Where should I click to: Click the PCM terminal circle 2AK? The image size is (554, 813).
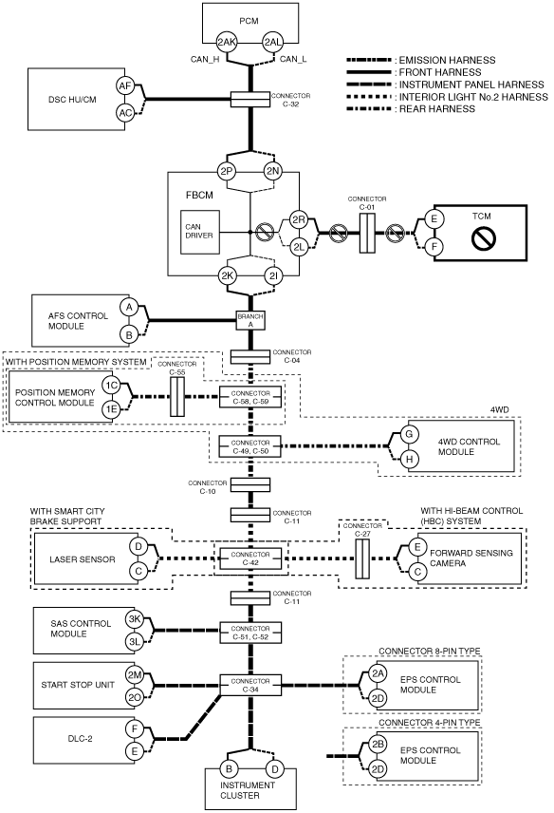click(x=227, y=43)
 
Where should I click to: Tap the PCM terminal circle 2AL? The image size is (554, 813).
click(x=272, y=43)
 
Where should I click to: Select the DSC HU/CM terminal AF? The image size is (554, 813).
click(x=125, y=86)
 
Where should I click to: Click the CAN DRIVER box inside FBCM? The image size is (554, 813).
click(x=199, y=232)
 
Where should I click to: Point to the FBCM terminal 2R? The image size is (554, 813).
click(x=298, y=219)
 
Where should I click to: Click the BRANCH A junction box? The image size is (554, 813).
click(x=250, y=320)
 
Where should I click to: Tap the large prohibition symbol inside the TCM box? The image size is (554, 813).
click(x=484, y=238)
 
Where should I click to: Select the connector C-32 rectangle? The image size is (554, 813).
click(x=250, y=100)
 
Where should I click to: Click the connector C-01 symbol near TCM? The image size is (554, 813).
click(x=367, y=233)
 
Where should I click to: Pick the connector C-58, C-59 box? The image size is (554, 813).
click(x=250, y=398)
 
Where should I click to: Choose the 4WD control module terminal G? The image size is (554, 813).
click(x=409, y=434)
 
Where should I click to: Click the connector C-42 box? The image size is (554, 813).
click(x=250, y=558)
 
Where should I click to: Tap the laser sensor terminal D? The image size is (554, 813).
click(x=138, y=546)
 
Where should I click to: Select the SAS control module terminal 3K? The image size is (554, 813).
click(x=135, y=619)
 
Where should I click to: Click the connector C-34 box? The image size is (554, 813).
click(x=250, y=686)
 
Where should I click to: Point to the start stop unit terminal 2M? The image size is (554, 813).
click(x=135, y=674)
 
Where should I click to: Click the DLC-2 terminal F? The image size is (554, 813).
click(x=135, y=729)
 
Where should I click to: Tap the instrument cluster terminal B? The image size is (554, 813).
click(x=229, y=769)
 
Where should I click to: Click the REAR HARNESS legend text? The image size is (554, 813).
click(x=437, y=109)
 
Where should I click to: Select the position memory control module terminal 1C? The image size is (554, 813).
click(x=111, y=386)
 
